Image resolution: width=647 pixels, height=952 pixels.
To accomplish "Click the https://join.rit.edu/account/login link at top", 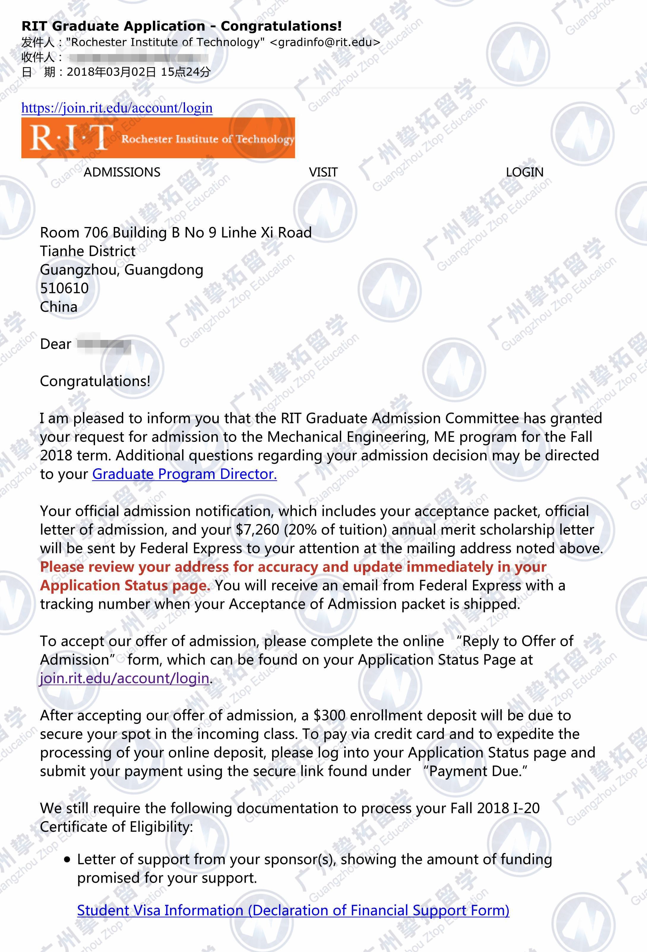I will pos(117,108).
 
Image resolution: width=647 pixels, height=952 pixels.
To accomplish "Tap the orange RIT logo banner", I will pos(158,138).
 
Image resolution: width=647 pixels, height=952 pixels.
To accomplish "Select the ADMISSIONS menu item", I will pos(122,172).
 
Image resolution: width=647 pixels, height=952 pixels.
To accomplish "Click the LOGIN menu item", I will pos(525,172).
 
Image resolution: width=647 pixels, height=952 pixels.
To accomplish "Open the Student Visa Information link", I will pos(293,910).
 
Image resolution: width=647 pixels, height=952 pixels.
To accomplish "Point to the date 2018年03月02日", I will pos(111,72).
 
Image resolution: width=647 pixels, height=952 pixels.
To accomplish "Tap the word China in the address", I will pos(58,307).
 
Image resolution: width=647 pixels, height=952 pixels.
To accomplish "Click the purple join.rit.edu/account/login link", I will pos(125,678).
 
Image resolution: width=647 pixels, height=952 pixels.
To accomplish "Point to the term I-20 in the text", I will pos(526,808).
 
